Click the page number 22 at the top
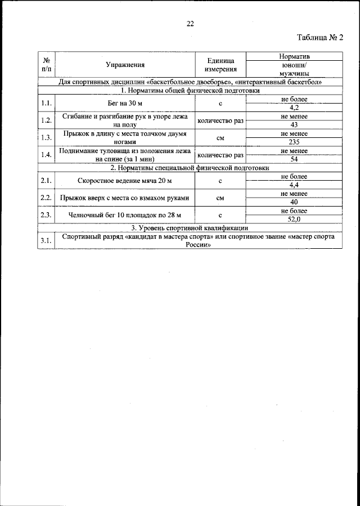click(x=190, y=24)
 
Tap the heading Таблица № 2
click(x=319, y=38)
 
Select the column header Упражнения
click(x=124, y=65)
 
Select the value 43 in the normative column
click(x=294, y=124)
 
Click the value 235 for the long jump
click(x=294, y=142)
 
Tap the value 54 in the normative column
click(x=294, y=159)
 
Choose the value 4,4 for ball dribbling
click(x=294, y=185)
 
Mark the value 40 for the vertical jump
click(x=294, y=201)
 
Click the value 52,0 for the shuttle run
click(x=294, y=219)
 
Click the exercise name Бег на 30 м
click(x=124, y=104)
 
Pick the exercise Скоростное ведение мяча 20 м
click(x=124, y=181)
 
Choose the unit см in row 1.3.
click(x=220, y=138)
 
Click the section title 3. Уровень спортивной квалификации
click(x=190, y=228)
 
